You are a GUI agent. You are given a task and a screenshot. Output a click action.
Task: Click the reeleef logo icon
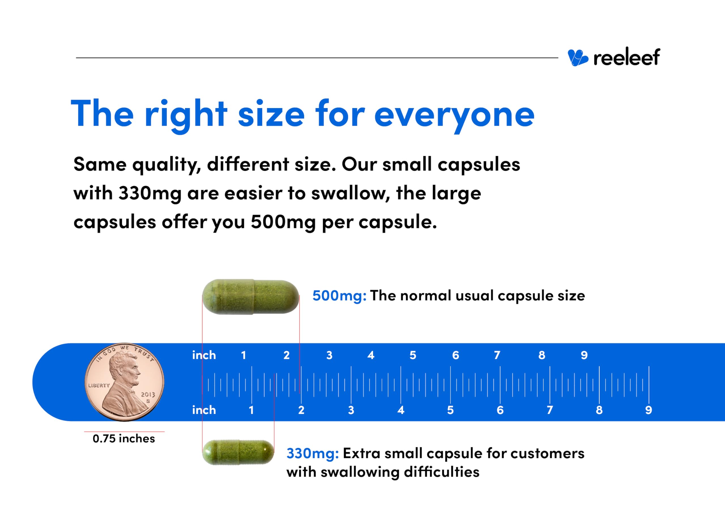577,58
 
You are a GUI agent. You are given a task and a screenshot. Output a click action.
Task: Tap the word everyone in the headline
454,115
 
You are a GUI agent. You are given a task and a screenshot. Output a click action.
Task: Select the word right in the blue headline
186,115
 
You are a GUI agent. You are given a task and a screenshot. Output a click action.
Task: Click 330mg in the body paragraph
150,193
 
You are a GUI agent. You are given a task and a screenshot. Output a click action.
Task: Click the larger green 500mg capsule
251,297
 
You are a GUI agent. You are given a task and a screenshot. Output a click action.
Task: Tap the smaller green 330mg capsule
238,452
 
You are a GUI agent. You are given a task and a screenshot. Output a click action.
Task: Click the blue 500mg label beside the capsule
339,296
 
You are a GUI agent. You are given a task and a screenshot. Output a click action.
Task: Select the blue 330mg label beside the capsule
312,453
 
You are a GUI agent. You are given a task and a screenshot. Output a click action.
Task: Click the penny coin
124,382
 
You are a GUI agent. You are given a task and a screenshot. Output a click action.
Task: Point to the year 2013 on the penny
148,395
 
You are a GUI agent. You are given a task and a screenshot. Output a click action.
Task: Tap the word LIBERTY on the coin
99,385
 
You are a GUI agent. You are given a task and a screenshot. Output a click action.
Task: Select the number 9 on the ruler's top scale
584,355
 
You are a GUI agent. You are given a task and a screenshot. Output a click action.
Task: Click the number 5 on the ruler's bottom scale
450,410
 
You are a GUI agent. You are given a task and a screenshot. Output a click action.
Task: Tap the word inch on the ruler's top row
204,355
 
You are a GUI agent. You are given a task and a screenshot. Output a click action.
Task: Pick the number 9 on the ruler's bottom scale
649,410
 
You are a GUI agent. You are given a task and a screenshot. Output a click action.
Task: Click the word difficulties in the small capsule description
442,472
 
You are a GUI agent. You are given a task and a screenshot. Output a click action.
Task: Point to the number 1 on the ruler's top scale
244,355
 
